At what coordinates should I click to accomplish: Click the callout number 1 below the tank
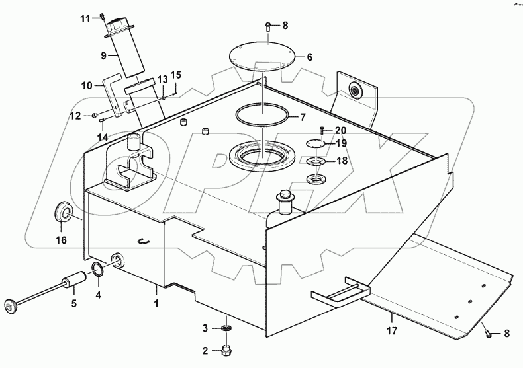click(x=156, y=305)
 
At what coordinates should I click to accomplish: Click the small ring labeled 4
click(x=97, y=269)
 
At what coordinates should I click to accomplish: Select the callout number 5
click(x=73, y=303)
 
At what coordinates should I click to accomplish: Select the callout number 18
click(x=340, y=161)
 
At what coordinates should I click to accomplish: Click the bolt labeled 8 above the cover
click(x=267, y=27)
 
